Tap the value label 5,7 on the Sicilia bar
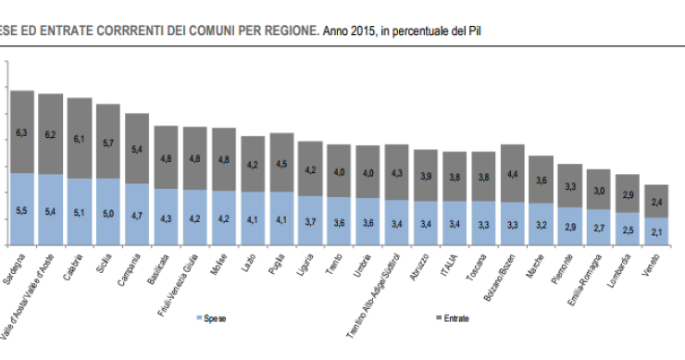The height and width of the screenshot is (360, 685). click(x=108, y=143)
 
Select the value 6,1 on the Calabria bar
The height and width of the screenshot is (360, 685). click(x=79, y=139)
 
